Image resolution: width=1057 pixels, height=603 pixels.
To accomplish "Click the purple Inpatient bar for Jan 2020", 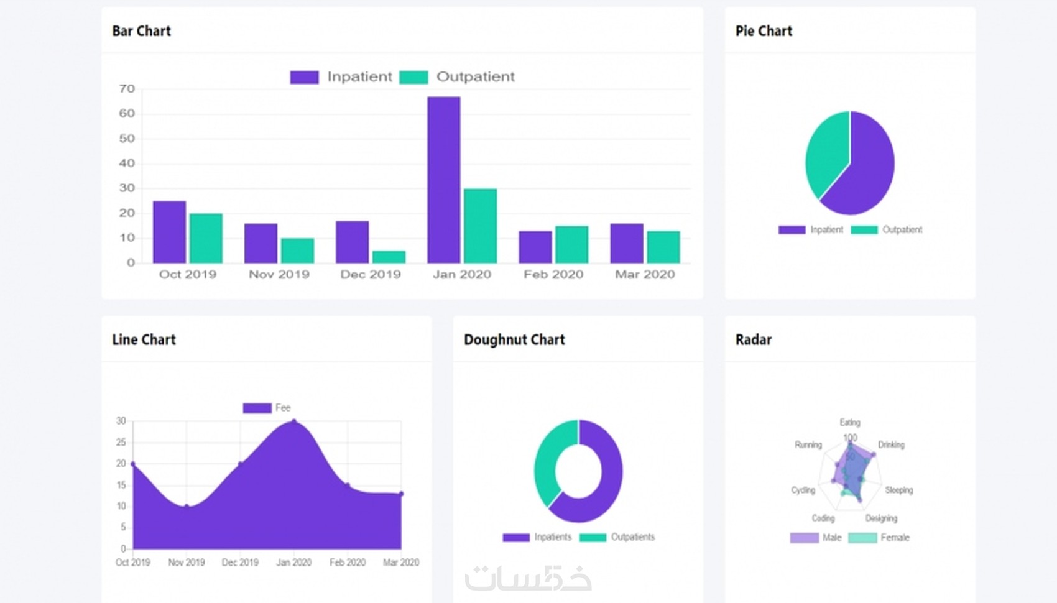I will tap(443, 180).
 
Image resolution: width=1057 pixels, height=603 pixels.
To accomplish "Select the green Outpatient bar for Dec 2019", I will tap(389, 257).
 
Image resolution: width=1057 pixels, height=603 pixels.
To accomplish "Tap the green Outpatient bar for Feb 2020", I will tap(571, 244).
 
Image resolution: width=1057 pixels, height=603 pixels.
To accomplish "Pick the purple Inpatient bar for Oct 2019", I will tap(169, 232).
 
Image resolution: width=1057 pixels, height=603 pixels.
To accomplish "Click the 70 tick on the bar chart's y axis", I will tap(127, 89).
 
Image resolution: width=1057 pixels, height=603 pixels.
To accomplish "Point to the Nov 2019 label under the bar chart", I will tap(279, 274).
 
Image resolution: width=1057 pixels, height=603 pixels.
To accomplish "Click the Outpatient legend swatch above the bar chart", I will tap(413, 77).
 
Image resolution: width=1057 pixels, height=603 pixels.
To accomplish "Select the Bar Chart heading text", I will tap(141, 31).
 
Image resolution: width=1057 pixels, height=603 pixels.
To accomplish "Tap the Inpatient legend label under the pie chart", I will tap(826, 229).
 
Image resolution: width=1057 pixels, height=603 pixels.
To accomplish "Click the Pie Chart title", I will tap(764, 31).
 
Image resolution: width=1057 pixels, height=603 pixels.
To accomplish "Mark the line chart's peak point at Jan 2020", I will tap(294, 421).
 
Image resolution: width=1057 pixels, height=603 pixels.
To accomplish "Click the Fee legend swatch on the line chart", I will tap(257, 408).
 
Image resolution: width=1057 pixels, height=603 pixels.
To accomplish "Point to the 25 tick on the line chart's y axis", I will tap(121, 442).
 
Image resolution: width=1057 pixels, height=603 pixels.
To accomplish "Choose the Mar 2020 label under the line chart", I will tap(401, 562).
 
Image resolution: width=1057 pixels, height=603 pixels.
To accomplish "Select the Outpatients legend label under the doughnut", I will tap(632, 537).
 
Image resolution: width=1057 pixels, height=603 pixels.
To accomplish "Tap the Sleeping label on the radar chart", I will tap(898, 490).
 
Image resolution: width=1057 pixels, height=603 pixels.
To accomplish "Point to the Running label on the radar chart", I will tap(808, 444).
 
